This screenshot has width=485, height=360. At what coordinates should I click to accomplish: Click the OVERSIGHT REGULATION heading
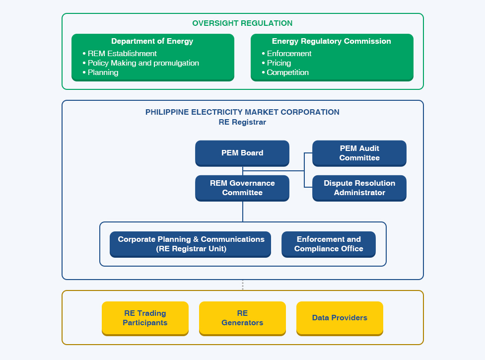coord(242,23)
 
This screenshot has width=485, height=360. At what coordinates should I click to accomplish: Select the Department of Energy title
coord(152,41)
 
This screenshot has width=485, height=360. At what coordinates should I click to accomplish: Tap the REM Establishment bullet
coord(120,54)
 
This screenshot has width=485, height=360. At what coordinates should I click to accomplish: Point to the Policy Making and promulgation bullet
coord(141,63)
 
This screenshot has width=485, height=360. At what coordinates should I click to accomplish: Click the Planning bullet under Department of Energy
coord(100,72)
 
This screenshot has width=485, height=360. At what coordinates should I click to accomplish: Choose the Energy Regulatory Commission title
coord(331,41)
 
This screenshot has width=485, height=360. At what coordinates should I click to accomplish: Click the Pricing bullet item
coord(276,63)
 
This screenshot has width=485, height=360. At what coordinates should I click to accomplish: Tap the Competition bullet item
coord(285,72)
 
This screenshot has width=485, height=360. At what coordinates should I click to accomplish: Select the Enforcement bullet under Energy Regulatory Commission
coord(286,54)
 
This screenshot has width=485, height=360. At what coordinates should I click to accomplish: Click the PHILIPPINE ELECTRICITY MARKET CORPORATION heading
coord(242,112)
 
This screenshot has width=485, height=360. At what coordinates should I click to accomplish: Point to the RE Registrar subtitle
coord(242,122)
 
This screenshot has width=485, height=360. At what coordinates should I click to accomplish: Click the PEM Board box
coord(242,153)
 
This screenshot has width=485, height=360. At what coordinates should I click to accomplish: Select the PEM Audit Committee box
coord(359,153)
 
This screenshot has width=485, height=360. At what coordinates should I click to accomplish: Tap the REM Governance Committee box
coord(242,188)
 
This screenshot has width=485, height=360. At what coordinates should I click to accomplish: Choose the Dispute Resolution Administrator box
coord(359,188)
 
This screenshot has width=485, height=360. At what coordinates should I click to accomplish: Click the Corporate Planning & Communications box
coord(190,244)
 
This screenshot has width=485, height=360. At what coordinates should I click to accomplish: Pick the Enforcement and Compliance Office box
coord(329,244)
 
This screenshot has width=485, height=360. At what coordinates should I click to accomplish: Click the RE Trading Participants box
coord(145,319)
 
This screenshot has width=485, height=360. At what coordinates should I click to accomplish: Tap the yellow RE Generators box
coord(242,319)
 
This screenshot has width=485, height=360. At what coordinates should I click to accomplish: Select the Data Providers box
coord(340,319)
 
